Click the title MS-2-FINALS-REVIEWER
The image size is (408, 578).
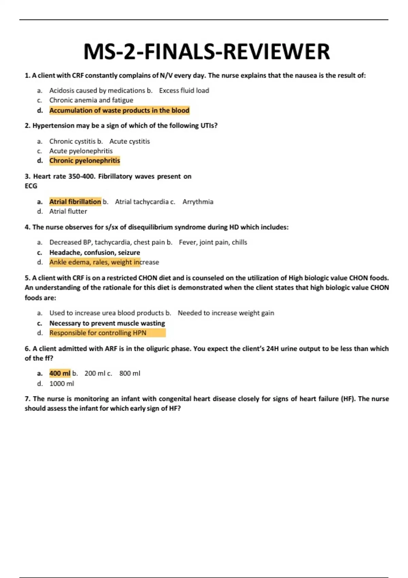(206, 52)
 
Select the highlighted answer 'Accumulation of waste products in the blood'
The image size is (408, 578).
(119, 111)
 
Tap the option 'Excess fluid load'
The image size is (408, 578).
(184, 90)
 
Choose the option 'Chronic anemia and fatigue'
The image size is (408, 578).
(91, 100)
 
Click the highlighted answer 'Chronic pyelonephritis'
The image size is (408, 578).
(85, 160)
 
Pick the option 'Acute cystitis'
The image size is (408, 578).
(130, 141)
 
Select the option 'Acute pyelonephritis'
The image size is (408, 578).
(81, 151)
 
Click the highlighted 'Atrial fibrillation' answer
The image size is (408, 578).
(75, 202)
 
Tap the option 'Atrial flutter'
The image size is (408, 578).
(68, 211)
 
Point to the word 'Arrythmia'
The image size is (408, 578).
(198, 202)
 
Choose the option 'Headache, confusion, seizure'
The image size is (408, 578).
(95, 253)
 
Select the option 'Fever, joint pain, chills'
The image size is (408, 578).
(213, 242)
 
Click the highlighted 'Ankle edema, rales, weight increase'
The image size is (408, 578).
(104, 262)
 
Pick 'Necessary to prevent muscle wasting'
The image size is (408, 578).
(107, 323)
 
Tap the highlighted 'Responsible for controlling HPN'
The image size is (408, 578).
(98, 333)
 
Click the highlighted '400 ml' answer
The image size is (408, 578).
(60, 373)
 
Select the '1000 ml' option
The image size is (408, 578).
(62, 384)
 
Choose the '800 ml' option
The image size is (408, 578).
(130, 373)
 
